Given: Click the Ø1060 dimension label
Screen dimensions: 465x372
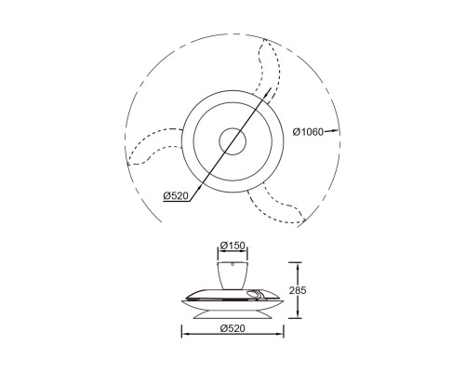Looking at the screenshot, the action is click(308, 132).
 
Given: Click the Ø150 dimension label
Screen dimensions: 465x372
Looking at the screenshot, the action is click(232, 246).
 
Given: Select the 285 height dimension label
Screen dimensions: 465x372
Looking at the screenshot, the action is click(298, 290).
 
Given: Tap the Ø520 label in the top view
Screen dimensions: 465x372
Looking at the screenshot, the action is click(176, 195).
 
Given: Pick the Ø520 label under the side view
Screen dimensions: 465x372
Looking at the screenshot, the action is click(232, 328).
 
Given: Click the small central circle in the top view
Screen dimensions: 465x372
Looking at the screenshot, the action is click(232, 127).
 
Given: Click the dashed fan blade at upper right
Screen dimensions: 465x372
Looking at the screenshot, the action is click(269, 67).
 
